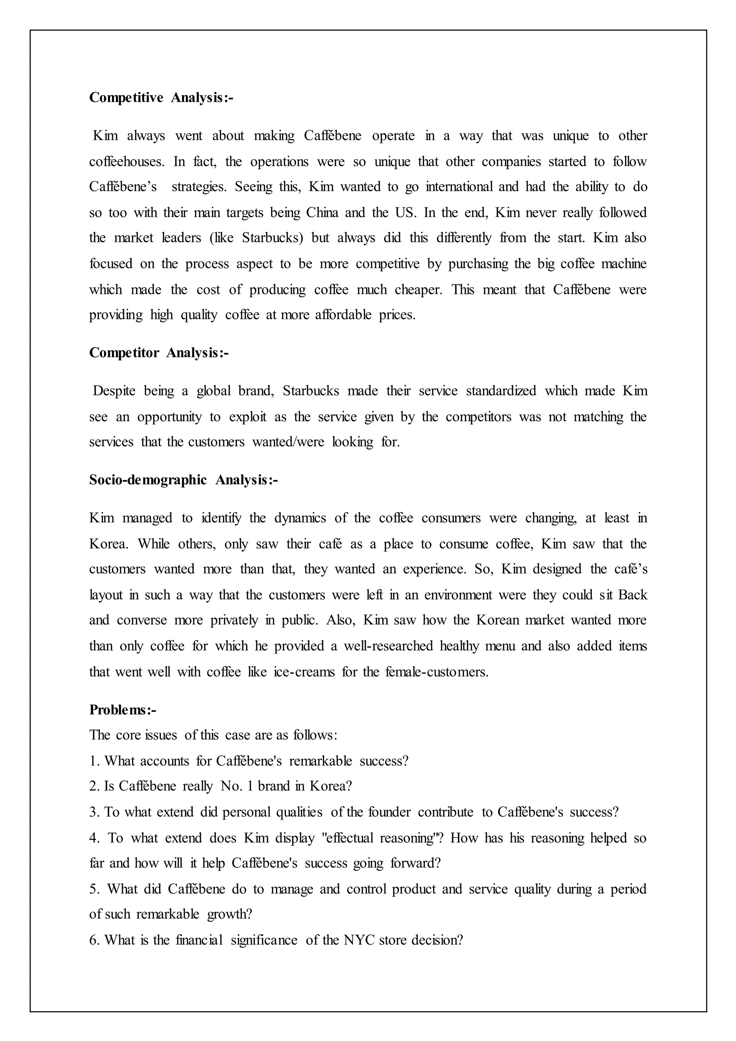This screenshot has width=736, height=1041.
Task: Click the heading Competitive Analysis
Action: coord(161,97)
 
